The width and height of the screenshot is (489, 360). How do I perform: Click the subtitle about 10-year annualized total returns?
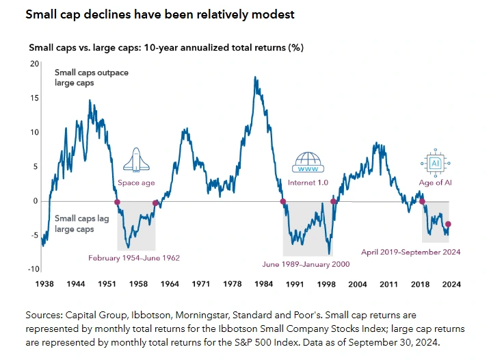166,48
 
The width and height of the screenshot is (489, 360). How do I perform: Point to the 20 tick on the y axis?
35,63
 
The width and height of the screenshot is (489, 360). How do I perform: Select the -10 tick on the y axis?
34,269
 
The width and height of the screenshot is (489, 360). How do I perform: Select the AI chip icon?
434,163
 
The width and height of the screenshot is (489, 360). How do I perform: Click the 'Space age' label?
136,183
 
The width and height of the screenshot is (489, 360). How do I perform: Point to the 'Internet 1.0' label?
312,183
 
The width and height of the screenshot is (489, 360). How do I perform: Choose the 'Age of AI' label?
435,183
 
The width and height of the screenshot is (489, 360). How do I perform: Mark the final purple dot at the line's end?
448,224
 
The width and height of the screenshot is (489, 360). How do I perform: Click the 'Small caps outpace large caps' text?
92,77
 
